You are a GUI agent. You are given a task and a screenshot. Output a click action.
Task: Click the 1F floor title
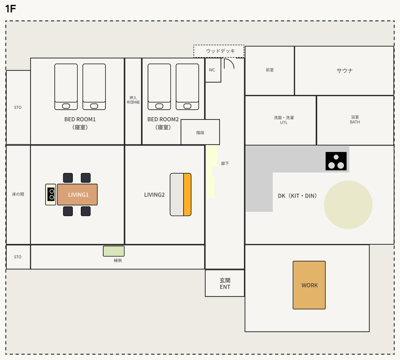(10, 9)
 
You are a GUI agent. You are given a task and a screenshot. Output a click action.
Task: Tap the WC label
(212, 70)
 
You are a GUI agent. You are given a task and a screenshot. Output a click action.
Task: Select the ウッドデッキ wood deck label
(220, 51)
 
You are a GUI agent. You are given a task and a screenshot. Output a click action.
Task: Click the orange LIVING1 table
(77, 194)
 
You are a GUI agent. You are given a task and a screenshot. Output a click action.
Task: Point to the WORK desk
(309, 285)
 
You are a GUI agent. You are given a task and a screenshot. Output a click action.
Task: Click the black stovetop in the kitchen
(336, 161)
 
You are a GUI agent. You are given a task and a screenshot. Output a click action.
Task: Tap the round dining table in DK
(348, 205)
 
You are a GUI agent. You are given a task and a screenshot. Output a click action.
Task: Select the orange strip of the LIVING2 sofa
(187, 194)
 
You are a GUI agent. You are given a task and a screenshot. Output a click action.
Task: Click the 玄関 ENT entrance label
(225, 284)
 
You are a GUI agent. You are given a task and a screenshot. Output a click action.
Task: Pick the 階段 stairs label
(200, 133)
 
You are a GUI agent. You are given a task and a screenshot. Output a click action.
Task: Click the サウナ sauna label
(345, 70)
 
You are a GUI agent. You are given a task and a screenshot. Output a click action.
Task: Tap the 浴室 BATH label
(355, 120)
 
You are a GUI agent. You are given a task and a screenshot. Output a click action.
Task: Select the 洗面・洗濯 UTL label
(284, 120)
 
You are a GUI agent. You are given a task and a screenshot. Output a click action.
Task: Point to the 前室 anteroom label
(270, 70)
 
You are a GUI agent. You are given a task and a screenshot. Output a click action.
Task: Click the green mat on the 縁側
(114, 251)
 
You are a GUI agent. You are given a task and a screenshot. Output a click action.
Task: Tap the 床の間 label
(18, 194)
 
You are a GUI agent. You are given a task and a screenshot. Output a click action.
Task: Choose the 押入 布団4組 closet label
(133, 100)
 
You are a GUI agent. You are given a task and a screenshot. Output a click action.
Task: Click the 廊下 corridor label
(225, 163)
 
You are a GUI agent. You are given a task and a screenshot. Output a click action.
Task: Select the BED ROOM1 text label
(80, 119)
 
